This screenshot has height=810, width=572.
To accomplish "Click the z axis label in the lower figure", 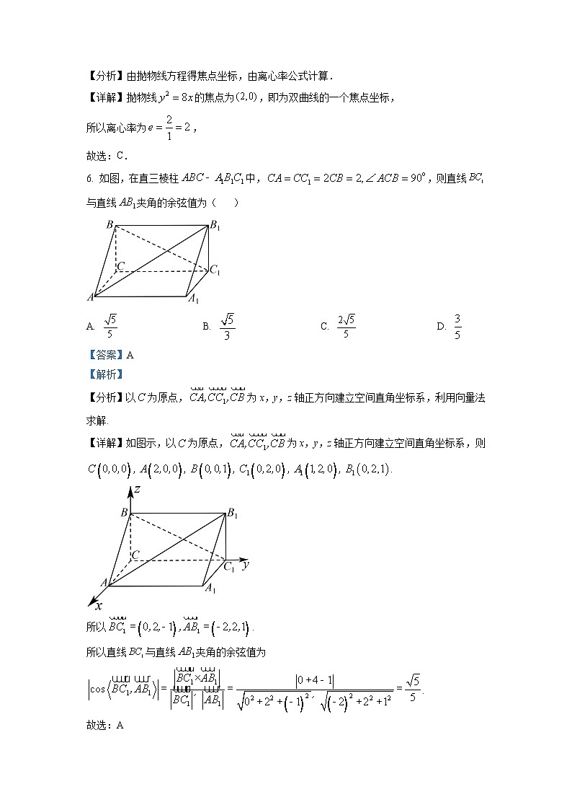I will (x=134, y=492).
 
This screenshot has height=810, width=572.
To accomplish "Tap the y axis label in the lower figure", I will (x=246, y=565).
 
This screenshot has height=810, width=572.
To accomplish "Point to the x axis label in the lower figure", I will (x=98, y=607).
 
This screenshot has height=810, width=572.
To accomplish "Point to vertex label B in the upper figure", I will (x=110, y=225).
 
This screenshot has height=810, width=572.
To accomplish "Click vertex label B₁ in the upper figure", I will (x=214, y=226).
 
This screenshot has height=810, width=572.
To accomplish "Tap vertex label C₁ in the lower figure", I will (x=229, y=567).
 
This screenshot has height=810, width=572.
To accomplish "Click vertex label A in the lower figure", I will (x=104, y=582).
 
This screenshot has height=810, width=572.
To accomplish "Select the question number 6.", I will (x=89, y=179).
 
